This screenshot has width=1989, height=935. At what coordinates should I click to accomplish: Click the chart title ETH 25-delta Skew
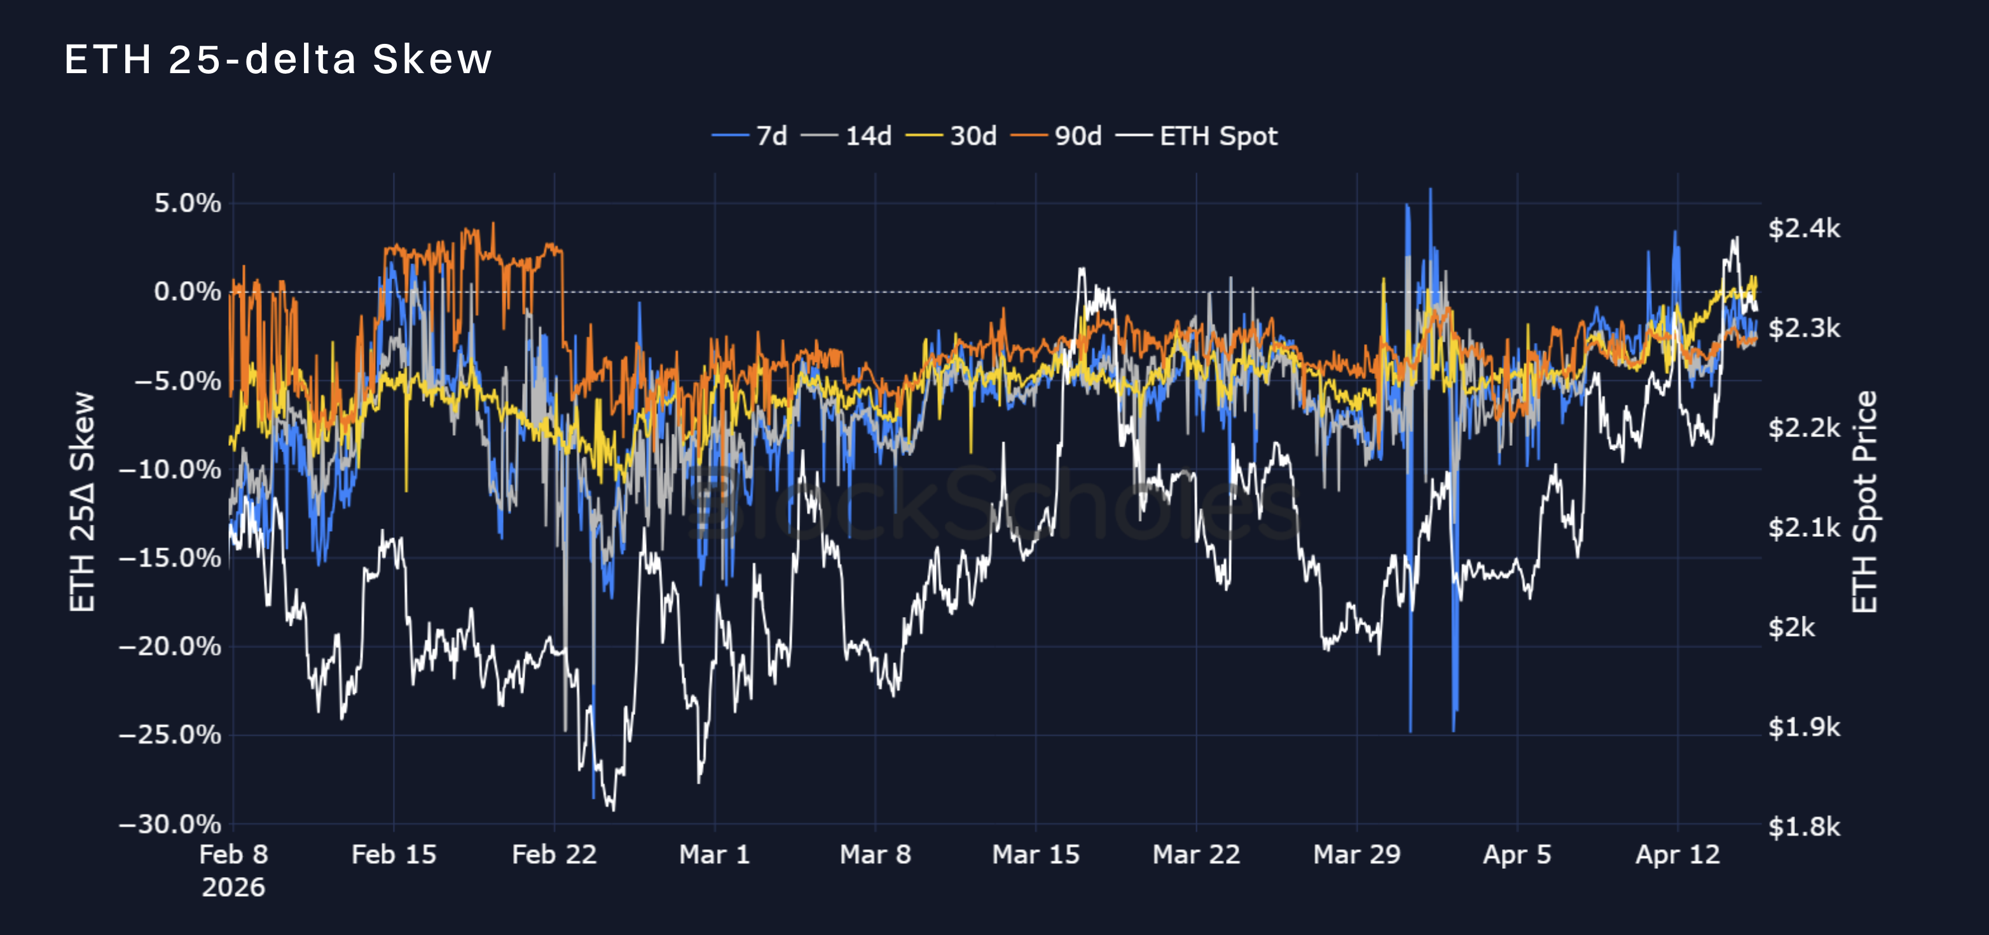[x=278, y=59]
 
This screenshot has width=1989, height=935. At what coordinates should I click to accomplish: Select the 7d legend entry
[x=750, y=136]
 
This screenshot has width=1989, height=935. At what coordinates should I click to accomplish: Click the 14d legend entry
[x=847, y=136]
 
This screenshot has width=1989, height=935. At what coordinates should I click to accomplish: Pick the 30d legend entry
[x=951, y=136]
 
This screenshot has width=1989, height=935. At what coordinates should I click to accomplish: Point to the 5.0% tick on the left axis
[x=188, y=203]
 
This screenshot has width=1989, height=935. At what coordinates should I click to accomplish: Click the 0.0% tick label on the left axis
[x=188, y=292]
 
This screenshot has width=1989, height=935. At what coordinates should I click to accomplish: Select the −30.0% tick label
[x=170, y=824]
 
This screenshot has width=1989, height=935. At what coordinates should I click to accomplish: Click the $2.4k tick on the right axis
[x=1805, y=228]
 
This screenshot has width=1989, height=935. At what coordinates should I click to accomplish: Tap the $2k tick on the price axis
[x=1791, y=627]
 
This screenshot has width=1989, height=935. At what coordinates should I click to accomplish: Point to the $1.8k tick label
[x=1805, y=827]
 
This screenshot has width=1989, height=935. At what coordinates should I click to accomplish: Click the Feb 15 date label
[x=394, y=855]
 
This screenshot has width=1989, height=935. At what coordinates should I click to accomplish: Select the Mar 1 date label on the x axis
[x=714, y=855]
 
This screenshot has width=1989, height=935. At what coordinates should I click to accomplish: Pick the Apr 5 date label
[x=1517, y=855]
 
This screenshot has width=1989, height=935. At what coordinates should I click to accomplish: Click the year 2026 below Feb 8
[x=233, y=887]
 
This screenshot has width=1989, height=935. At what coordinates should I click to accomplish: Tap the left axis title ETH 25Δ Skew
[x=83, y=502]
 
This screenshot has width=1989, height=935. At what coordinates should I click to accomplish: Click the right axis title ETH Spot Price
[x=1864, y=502]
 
